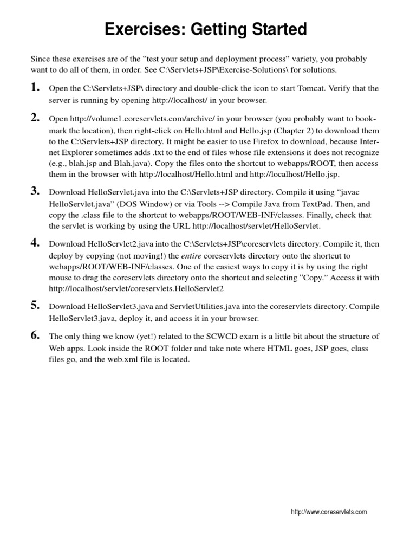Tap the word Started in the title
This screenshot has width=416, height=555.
point(276,29)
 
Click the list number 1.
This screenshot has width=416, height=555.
point(35,87)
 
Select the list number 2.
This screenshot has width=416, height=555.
point(35,118)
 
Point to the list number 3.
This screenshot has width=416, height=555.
point(35,190)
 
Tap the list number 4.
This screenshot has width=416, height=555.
point(35,242)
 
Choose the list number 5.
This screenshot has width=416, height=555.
point(35,305)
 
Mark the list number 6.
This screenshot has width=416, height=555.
point(35,335)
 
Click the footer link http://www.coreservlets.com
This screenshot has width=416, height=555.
point(329,512)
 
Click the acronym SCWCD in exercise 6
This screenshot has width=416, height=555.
point(232,337)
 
